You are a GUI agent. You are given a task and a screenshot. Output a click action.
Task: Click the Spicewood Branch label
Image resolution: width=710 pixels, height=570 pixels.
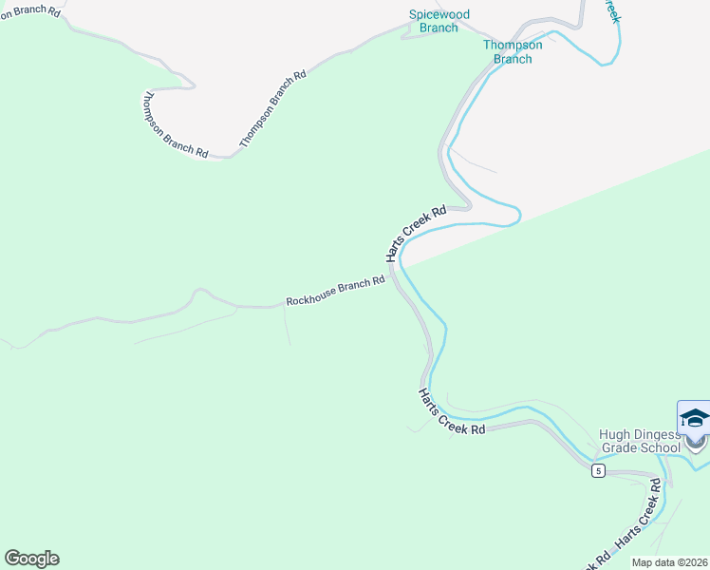439,21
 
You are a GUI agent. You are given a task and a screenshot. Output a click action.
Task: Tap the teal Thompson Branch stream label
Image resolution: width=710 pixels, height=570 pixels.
513,51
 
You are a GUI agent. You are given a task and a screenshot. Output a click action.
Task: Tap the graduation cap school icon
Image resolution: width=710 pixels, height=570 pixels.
694,418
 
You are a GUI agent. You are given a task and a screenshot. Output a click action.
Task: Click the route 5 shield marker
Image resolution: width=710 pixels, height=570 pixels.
597,471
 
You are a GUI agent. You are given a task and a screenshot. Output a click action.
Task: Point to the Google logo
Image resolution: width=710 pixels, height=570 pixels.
32,559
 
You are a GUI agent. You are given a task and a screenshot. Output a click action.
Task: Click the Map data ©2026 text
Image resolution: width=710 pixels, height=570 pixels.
669,562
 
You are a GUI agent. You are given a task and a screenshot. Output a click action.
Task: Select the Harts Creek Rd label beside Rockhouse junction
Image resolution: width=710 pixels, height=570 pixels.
415,234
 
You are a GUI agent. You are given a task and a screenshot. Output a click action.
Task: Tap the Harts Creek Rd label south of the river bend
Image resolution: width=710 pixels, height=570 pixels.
452,411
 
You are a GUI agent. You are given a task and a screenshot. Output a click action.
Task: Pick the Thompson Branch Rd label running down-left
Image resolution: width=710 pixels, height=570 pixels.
175,124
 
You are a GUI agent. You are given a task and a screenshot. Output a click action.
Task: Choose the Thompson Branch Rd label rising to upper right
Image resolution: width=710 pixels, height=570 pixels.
273,107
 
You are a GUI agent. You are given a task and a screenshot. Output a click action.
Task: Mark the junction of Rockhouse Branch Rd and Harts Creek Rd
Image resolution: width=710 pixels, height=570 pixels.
392,277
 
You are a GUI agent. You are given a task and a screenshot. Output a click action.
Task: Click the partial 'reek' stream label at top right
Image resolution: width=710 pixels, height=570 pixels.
613,11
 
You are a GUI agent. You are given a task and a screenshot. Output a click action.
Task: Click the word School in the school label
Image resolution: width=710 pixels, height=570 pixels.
661,448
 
